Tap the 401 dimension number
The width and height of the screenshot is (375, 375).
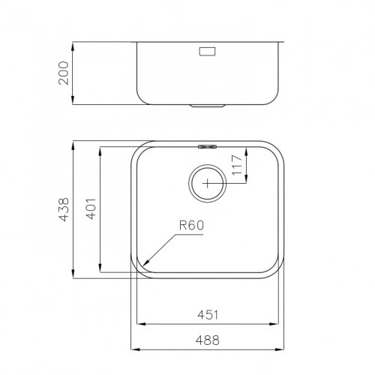click(x=91, y=208)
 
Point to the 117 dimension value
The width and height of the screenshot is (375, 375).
click(x=237, y=163)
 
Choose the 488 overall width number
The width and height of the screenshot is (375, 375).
click(x=208, y=340)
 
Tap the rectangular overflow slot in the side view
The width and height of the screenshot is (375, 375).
click(x=207, y=52)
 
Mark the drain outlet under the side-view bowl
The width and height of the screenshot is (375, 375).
click(x=207, y=106)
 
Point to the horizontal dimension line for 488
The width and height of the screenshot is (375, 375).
click(x=208, y=349)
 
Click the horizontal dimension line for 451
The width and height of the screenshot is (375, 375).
click(x=208, y=325)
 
